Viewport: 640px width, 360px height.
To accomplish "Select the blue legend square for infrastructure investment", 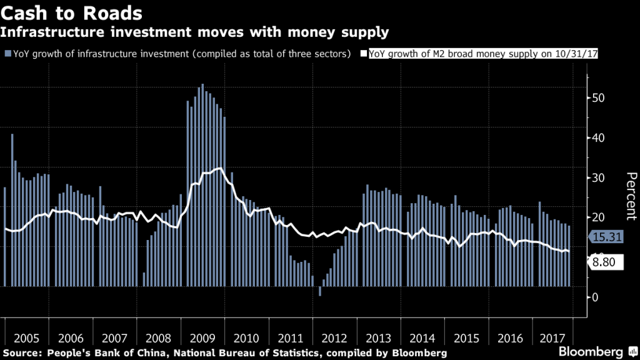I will coord(7,54).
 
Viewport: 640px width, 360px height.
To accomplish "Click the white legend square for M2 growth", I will coord(365,54).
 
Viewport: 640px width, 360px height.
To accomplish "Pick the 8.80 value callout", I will coord(606,263).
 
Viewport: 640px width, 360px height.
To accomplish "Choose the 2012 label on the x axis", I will coord(334,338).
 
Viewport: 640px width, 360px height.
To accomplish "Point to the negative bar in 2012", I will coord(320,291).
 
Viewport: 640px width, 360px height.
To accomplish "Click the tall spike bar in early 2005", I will coord(12,210).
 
